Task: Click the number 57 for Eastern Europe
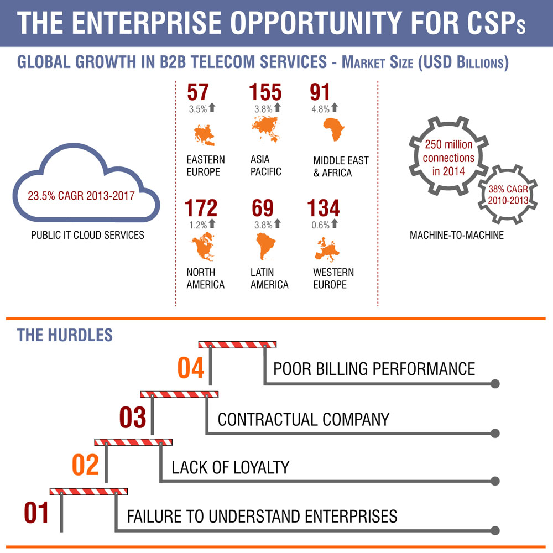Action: click(x=199, y=92)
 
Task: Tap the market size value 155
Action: click(x=265, y=92)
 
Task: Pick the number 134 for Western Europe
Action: click(x=324, y=208)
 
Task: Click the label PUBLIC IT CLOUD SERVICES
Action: click(x=87, y=235)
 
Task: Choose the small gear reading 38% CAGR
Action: click(x=507, y=194)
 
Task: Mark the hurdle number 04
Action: click(x=191, y=369)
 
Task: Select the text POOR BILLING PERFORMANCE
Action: click(x=374, y=369)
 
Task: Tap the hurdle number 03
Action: click(x=133, y=418)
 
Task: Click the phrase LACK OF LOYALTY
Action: click(x=231, y=467)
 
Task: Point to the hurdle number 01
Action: click(x=36, y=513)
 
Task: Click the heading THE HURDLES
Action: click(x=65, y=335)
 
